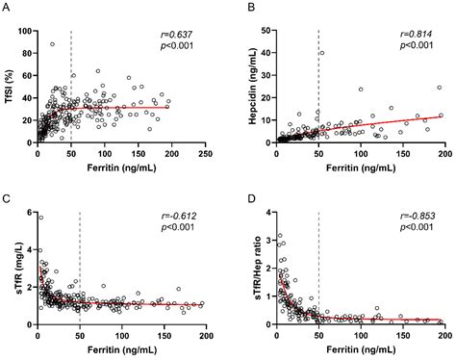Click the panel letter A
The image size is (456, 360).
[x=7, y=8]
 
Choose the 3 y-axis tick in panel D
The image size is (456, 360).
[x=267, y=234]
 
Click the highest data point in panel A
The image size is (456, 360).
[x=52, y=44]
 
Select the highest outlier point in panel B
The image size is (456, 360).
[x=320, y=53]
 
